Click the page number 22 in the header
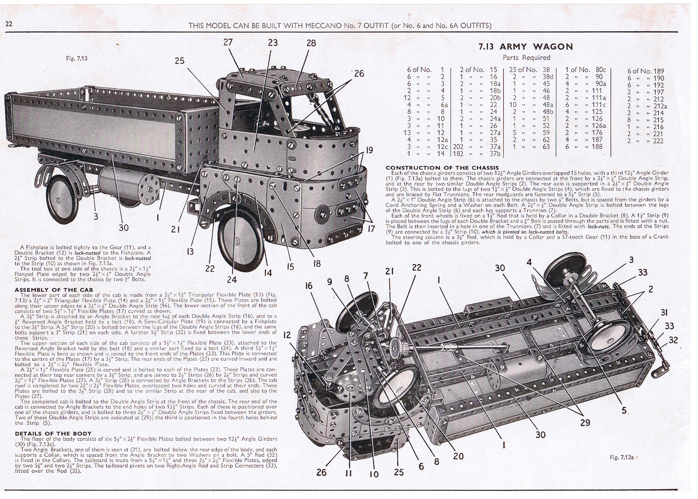click(9, 24)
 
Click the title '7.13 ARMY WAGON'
click(526, 47)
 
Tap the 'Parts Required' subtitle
click(526, 57)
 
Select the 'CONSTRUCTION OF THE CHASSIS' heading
click(442, 168)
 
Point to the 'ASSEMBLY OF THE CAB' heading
click(54, 290)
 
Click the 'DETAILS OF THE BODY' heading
click(53, 433)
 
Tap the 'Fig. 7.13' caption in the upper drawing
click(77, 58)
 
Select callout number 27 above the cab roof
click(228, 42)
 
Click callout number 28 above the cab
click(311, 43)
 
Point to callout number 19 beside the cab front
click(369, 150)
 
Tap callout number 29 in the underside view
click(585, 423)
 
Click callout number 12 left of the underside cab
click(287, 335)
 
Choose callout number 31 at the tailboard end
click(664, 312)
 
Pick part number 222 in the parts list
click(658, 141)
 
